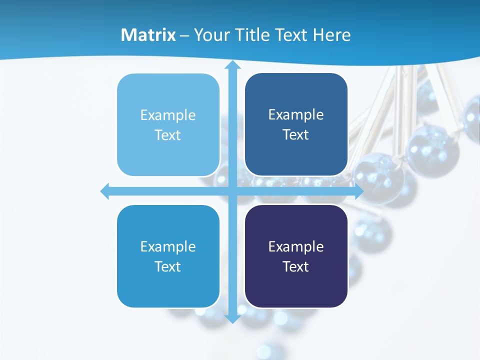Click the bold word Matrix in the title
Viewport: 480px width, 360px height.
coord(148,35)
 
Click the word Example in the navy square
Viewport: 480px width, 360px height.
coord(296,246)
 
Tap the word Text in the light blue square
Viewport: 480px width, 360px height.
coord(167,135)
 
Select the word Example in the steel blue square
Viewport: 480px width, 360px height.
coord(296,115)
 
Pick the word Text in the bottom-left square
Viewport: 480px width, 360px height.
coord(167,267)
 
